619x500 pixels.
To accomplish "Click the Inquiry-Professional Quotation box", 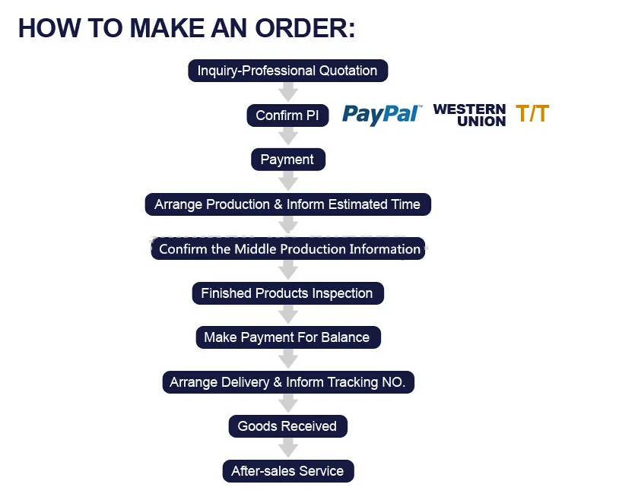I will (287, 71).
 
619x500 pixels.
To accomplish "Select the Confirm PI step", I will (287, 116).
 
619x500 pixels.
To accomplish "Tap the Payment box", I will (287, 160).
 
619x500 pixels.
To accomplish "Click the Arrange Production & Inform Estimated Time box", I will (287, 204).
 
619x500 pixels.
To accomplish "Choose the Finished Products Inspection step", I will (287, 293).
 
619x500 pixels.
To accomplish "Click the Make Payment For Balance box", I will (287, 337).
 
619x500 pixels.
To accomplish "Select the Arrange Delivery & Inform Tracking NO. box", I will (288, 382).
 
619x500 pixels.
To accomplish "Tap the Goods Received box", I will (287, 426).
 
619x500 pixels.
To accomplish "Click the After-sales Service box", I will (287, 471).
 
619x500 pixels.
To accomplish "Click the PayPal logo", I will (382, 114).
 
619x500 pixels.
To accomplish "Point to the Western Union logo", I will (469, 115).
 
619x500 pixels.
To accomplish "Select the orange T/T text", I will (532, 114).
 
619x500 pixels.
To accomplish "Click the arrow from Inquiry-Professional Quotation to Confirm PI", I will (287, 93).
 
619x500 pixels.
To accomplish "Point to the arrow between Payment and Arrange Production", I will (287, 182).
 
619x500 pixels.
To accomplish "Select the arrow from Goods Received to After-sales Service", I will (287, 448).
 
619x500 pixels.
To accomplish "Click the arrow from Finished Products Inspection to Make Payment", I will (287, 315).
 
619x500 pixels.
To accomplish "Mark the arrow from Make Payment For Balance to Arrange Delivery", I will (287, 359).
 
